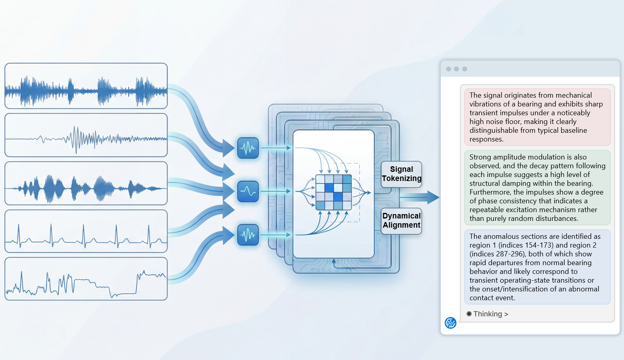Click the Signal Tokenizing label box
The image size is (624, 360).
tap(401, 174)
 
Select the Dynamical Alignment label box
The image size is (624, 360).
tap(401, 220)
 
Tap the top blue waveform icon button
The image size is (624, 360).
tap(248, 148)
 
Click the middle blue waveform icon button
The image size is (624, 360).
tap(248, 191)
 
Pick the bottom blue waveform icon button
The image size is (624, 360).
tap(248, 234)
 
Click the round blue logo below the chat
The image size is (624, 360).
tap(450, 323)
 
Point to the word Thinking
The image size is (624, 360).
tap(488, 314)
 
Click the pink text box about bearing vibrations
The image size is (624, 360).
tap(537, 117)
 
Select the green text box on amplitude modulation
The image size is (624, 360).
tap(537, 187)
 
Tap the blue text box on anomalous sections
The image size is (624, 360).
tap(537, 267)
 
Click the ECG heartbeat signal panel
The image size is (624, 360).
tap(86, 231)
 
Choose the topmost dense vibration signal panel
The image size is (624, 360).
tap(86, 86)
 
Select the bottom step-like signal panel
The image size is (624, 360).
tap(86, 279)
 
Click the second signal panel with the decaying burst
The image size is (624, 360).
tap(86, 135)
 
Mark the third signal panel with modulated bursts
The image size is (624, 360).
tap(86, 183)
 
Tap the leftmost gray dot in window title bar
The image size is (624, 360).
tap(448, 69)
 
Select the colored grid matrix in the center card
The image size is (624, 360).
tap(334, 192)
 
